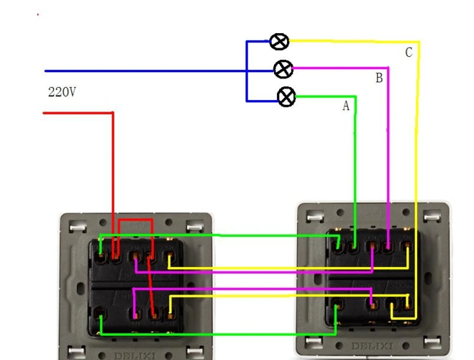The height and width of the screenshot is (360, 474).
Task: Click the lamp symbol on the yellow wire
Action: tap(279, 42)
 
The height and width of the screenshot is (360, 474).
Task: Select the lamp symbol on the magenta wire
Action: tap(284, 69)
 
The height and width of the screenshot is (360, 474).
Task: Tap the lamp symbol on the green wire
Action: tap(286, 96)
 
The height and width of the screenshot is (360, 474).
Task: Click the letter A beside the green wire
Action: tap(346, 106)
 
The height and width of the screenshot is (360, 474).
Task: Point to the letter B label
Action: tap(379, 78)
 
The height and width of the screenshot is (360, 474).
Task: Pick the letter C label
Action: tap(409, 53)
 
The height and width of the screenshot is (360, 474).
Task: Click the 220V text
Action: tap(62, 92)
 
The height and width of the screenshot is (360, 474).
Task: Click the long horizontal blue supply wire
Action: tap(144, 71)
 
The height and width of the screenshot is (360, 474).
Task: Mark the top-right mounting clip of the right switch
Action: tap(436, 216)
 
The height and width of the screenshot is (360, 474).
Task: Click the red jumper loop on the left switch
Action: tap(135, 222)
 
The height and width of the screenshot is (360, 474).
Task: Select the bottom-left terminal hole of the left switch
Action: tap(101, 312)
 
